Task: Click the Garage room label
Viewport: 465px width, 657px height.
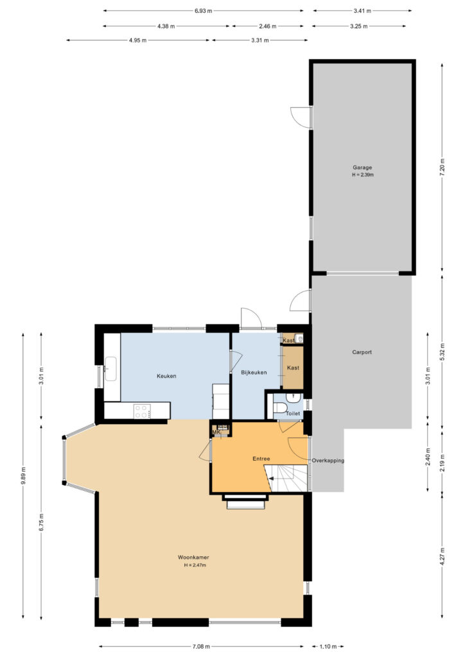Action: [x=362, y=167]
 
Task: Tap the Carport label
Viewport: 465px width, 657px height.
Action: [x=362, y=352]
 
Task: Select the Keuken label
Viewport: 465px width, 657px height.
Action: [x=166, y=376]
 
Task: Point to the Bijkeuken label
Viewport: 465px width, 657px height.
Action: [x=254, y=372]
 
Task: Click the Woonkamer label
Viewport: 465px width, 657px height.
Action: [x=193, y=558]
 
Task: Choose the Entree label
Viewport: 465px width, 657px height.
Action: [x=261, y=459]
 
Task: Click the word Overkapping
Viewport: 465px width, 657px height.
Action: [x=328, y=461]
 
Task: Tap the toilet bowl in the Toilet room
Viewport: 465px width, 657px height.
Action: [x=279, y=407]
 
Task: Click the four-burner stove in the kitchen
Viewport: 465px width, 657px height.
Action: [x=142, y=411]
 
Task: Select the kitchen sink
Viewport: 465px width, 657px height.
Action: [x=110, y=369]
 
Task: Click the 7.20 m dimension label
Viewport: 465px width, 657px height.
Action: [x=443, y=167]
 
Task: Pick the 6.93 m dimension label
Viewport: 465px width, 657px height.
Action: [x=204, y=11]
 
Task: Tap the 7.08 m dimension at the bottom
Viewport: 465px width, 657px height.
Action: [x=201, y=647]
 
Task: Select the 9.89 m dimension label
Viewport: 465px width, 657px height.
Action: [x=23, y=475]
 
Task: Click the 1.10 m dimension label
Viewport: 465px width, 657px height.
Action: [x=328, y=647]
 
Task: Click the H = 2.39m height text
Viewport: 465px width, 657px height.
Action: [x=363, y=175]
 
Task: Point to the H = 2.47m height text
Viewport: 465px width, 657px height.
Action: [x=195, y=565]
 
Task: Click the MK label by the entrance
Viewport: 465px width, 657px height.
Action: [x=216, y=432]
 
